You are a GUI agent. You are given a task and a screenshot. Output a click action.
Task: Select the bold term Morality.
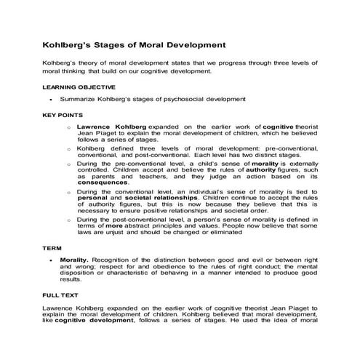coord(75,260)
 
